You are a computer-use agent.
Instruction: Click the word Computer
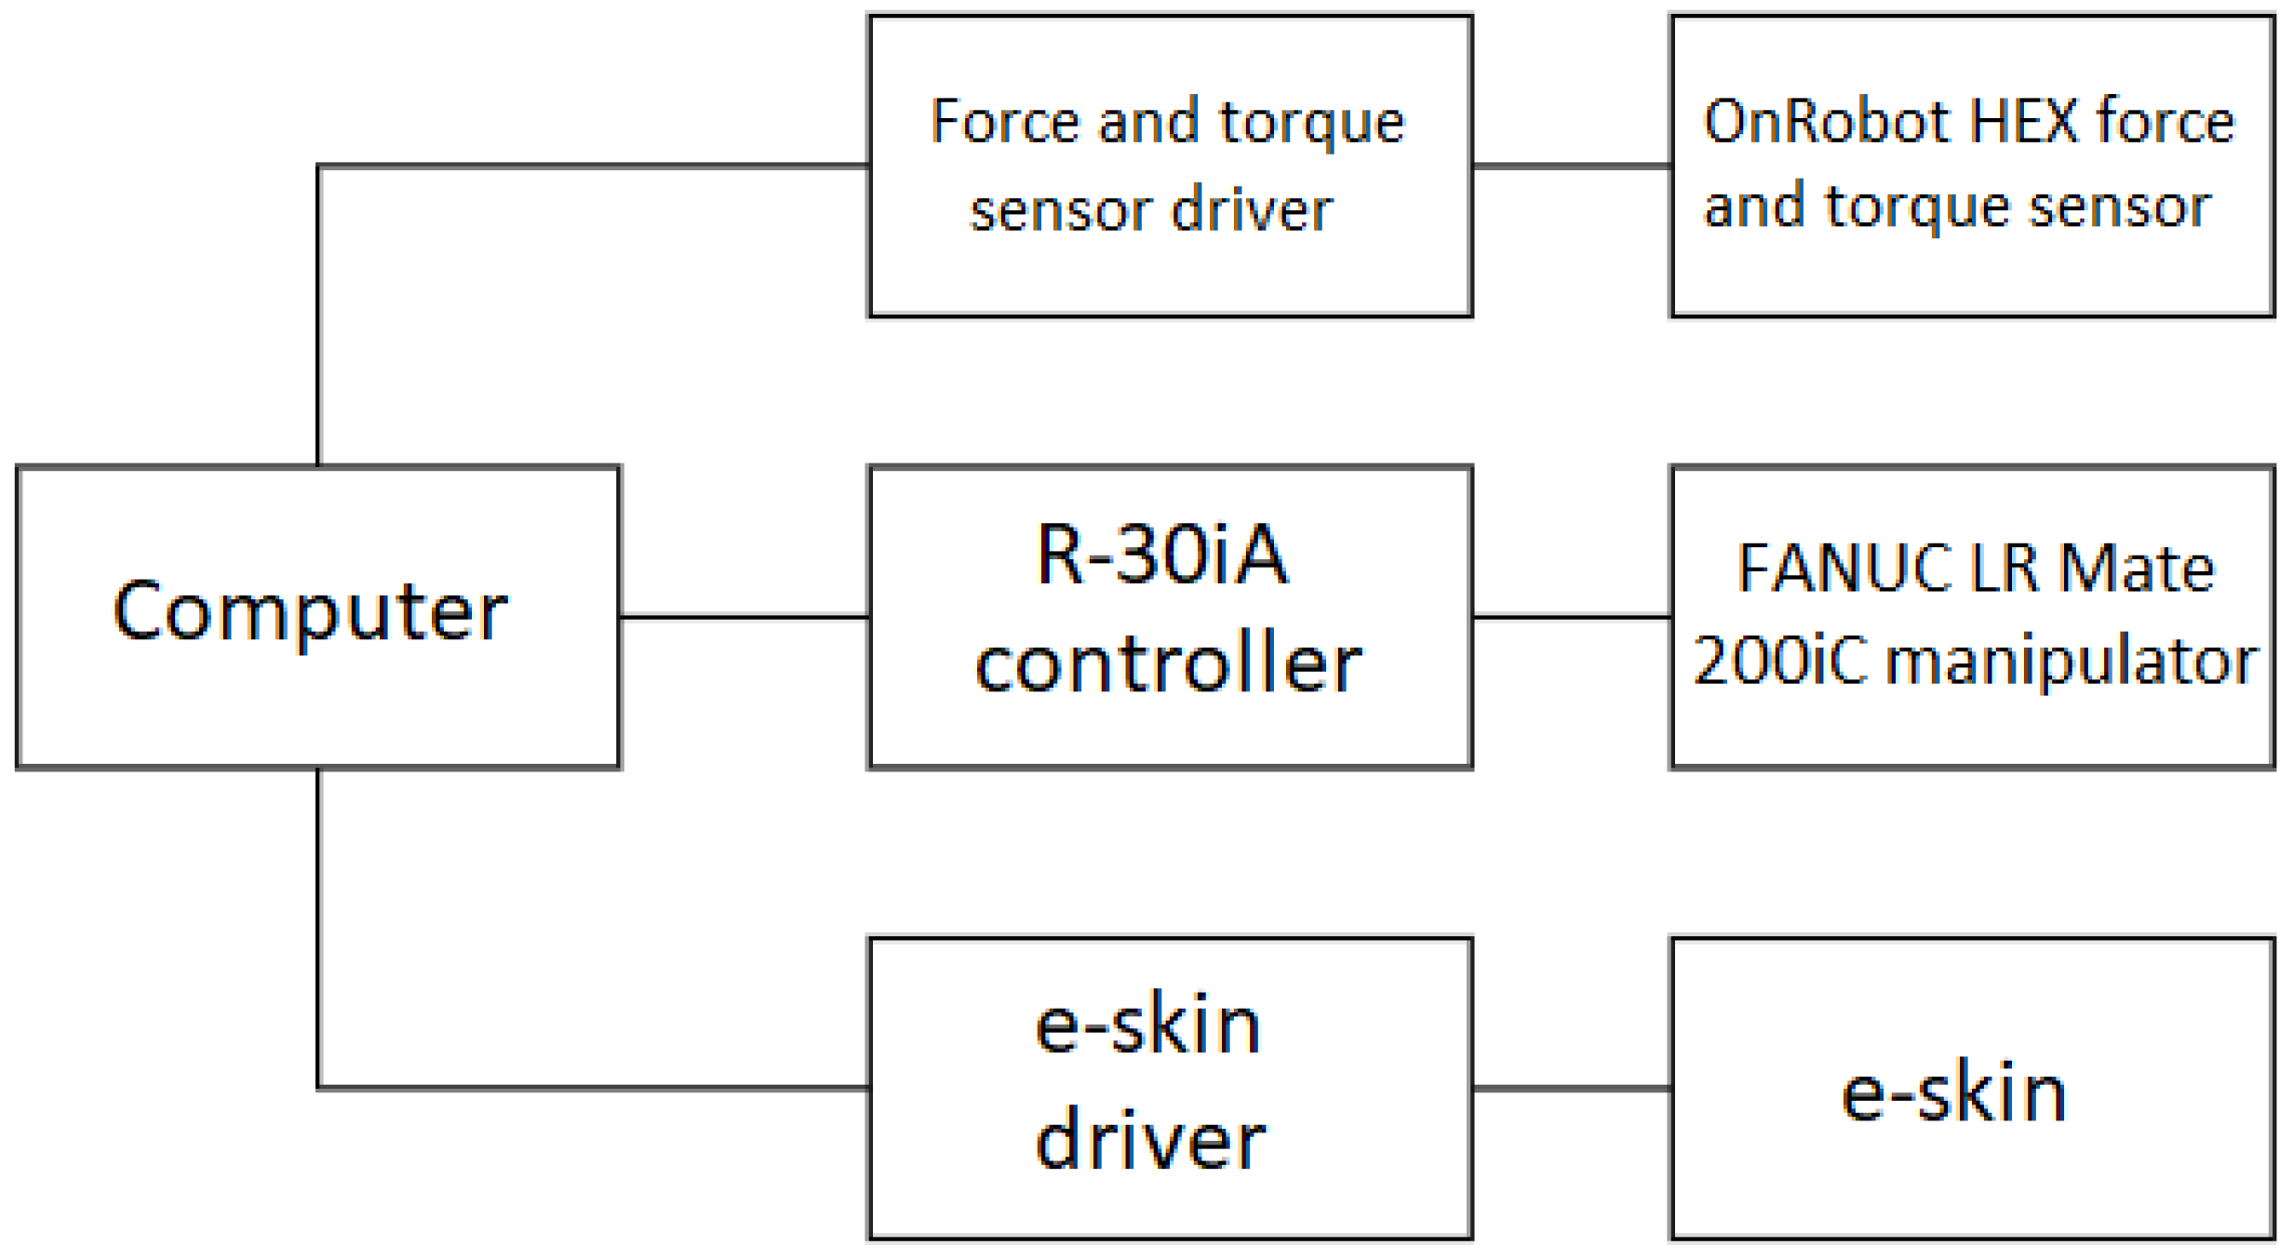(310, 611)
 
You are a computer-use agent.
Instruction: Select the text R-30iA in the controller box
(1162, 556)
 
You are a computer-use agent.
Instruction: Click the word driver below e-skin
(1150, 1140)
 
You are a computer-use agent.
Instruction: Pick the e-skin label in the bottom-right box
(1954, 1092)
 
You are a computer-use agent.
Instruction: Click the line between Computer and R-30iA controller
(744, 616)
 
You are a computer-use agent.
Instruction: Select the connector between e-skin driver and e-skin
(1572, 1087)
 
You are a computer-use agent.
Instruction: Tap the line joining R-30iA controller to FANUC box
(1572, 616)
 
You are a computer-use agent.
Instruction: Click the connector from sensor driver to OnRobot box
(1572, 167)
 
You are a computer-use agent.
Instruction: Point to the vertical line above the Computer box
(318, 316)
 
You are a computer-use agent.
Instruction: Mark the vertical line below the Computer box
(318, 931)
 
